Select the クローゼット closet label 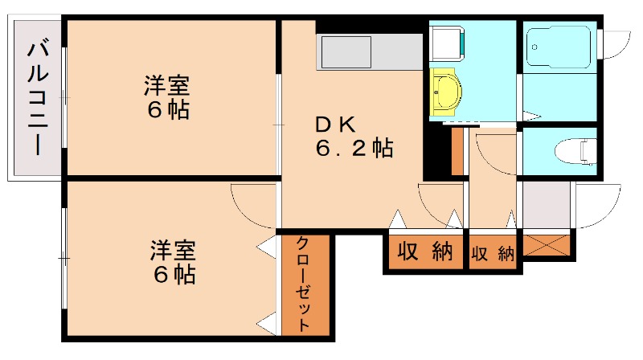pyautogui.click(x=304, y=284)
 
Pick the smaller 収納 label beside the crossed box pyautogui.click(x=493, y=253)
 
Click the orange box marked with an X pyautogui.click(x=547, y=243)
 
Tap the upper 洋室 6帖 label pyautogui.click(x=166, y=97)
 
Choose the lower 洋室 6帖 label pyautogui.click(x=173, y=262)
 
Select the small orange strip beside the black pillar pyautogui.click(x=457, y=151)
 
